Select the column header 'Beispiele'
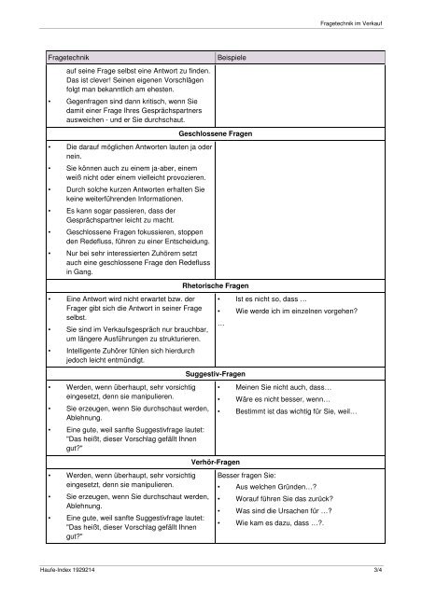[232, 58]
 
